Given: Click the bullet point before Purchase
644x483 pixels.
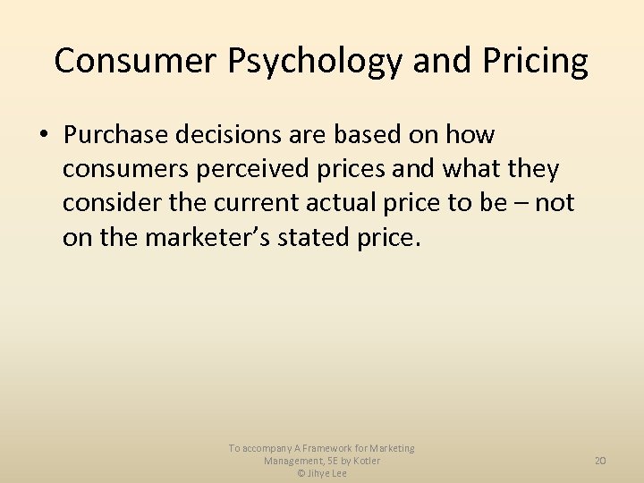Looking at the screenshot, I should coord(43,136).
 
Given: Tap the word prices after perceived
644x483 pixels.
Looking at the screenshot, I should coord(352,169).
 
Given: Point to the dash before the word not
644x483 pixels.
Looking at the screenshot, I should coord(521,203).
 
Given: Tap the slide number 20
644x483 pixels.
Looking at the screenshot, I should coord(600,461).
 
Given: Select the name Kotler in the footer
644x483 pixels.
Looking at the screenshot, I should coord(365,461).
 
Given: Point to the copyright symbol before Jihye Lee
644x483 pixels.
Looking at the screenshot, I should coord(301,473).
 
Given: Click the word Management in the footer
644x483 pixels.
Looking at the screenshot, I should coord(293,461).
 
